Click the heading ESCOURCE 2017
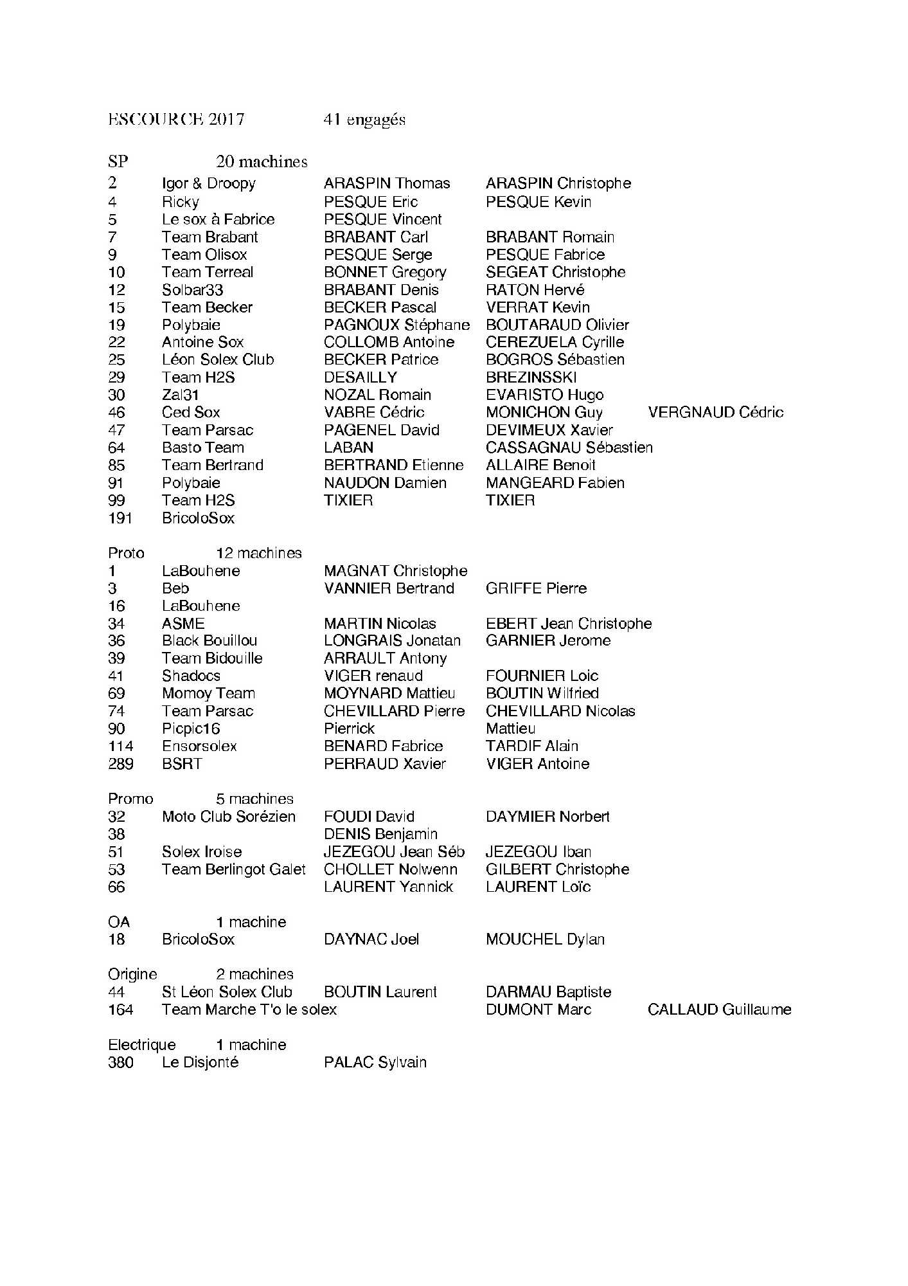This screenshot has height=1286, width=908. pyautogui.click(x=176, y=120)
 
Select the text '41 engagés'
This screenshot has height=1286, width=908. pyautogui.click(x=364, y=120)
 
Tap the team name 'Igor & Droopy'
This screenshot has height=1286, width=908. pyautogui.click(x=209, y=184)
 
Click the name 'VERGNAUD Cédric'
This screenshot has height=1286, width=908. pyautogui.click(x=715, y=412)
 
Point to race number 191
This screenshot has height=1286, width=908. pyautogui.click(x=120, y=518)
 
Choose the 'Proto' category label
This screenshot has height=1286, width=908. pyautogui.click(x=126, y=553)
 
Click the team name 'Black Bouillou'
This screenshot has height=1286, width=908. pyautogui.click(x=209, y=640)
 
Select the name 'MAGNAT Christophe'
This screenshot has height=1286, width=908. pyautogui.click(x=395, y=571)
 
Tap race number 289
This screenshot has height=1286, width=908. pyautogui.click(x=121, y=764)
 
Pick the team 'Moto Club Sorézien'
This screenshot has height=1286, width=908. pyautogui.click(x=229, y=817)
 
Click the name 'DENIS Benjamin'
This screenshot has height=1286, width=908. pyautogui.click(x=380, y=834)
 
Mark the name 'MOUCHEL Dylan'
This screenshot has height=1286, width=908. pyautogui.click(x=545, y=939)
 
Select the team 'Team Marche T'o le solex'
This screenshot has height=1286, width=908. pyautogui.click(x=249, y=1010)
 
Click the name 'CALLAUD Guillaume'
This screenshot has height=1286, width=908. pyautogui.click(x=719, y=1010)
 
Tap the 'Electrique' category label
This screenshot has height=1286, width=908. pyautogui.click(x=141, y=1045)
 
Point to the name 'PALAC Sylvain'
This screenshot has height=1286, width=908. pyautogui.click(x=375, y=1062)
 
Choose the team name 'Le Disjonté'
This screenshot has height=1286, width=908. pyautogui.click(x=200, y=1062)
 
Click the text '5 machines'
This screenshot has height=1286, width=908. pyautogui.click(x=254, y=799)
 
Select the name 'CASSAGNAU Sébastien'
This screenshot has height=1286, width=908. pyautogui.click(x=569, y=448)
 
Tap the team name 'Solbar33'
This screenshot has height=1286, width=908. pyautogui.click(x=192, y=290)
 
